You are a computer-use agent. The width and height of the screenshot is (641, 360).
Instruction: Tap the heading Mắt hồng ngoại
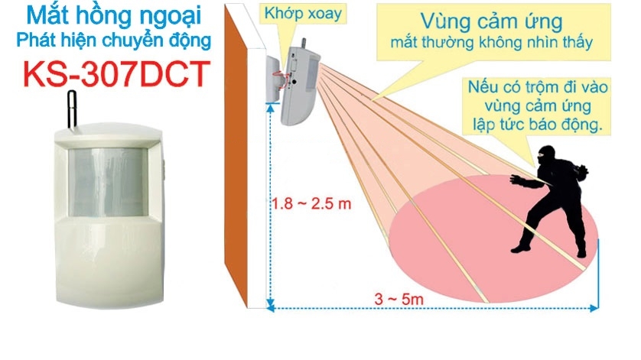point(113,16)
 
